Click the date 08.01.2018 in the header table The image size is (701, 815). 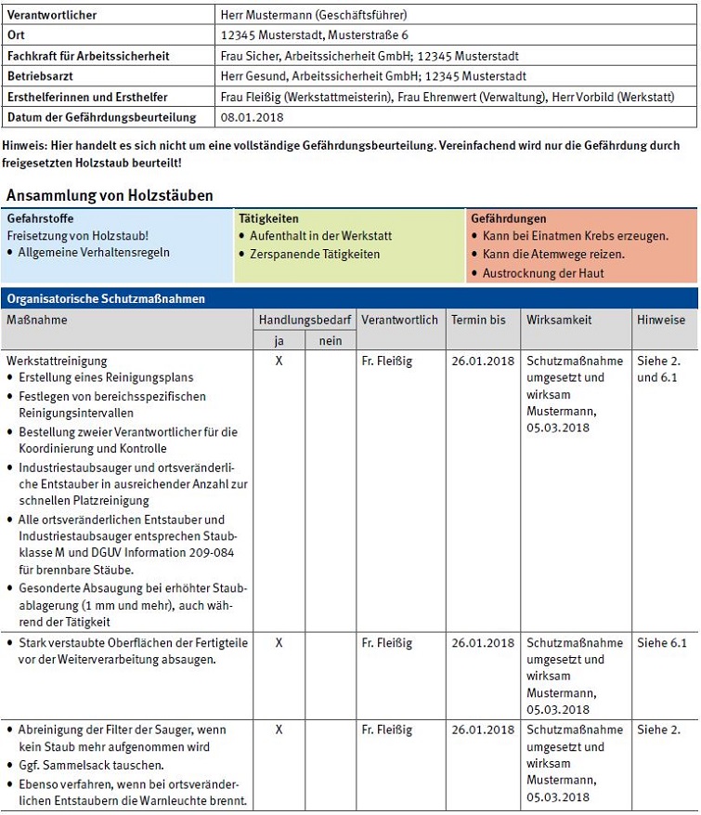click(x=251, y=117)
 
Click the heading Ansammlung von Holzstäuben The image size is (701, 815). click(x=110, y=195)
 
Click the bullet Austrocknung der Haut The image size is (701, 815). click(x=543, y=273)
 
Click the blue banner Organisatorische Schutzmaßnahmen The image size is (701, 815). click(x=106, y=299)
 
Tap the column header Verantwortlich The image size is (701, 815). click(x=399, y=320)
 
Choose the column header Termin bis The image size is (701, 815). click(x=478, y=320)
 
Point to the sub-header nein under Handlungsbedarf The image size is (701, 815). click(x=330, y=341)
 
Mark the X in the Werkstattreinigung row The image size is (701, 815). click(x=279, y=361)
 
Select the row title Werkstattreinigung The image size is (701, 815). click(x=57, y=361)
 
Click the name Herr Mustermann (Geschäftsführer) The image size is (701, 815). click(x=314, y=15)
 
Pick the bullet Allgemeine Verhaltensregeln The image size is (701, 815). click(x=94, y=253)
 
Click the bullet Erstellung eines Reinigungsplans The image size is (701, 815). click(x=106, y=378)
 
